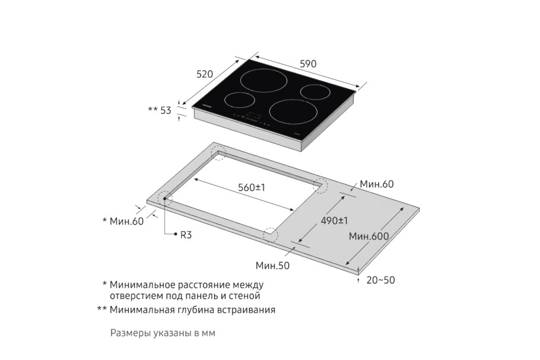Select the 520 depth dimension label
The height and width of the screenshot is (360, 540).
204,74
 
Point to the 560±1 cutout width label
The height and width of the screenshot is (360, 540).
252,187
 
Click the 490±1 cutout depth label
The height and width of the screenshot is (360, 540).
334,221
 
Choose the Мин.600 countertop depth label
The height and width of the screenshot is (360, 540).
369,236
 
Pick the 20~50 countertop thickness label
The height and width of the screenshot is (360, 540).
380,280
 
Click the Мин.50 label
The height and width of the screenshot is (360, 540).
272,266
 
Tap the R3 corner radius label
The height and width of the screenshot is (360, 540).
186,235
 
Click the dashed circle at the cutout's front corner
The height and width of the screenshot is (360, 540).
271,234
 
